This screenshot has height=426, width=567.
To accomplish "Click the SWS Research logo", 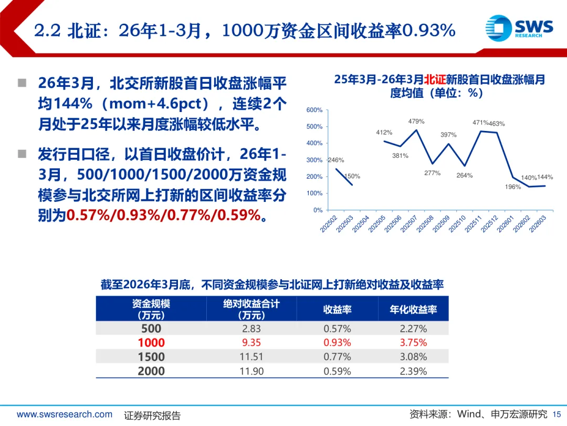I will [519, 27].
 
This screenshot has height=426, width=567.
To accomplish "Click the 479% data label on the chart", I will [416, 121].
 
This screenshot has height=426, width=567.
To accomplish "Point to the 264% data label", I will [464, 175].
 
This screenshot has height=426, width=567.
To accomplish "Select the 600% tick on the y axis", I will [314, 110].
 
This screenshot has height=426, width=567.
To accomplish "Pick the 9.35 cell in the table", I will [251, 343].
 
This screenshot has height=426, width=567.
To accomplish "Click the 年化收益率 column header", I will [413, 310].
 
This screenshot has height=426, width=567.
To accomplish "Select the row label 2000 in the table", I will [151, 371].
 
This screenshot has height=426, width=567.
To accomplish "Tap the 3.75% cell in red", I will [413, 343].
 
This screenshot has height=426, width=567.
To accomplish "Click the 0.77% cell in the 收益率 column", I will [337, 357].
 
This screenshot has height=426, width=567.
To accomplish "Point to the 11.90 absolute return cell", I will [251, 371].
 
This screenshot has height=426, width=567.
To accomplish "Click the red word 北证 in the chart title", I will [435, 79].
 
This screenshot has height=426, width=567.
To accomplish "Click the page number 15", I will [557, 414].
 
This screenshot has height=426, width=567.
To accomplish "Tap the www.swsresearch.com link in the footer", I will [65, 414].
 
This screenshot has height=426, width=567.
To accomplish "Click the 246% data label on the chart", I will [336, 160].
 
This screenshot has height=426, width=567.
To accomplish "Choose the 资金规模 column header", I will [151, 309].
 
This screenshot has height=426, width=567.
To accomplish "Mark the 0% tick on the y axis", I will [318, 210].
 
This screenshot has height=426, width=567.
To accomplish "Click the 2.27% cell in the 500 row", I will [413, 329].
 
